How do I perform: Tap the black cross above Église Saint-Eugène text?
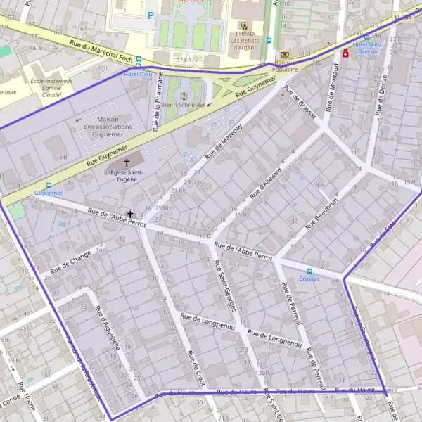pos(127,162)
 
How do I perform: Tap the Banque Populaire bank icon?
pos(284,53)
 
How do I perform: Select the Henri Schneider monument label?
pos(183,104)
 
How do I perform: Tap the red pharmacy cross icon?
pos(345,53)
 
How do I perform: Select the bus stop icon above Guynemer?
pos(49,185)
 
